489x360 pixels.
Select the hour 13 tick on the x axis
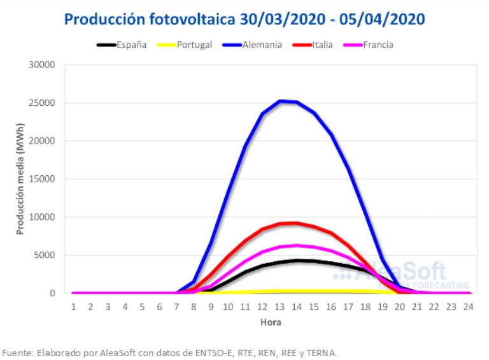pyautogui.click(x=280, y=306)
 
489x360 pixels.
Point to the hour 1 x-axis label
pyautogui.click(x=73, y=306)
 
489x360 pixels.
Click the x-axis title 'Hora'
pyautogui.click(x=271, y=322)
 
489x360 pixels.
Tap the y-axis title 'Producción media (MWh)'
pyautogui.click(x=20, y=179)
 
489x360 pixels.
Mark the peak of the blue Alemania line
pyautogui.click(x=280, y=101)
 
